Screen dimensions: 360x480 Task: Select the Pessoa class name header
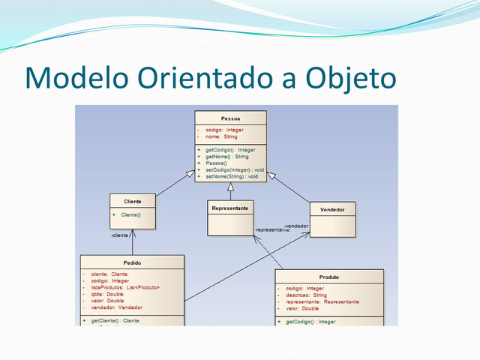230,118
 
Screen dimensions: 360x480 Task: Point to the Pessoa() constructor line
217,163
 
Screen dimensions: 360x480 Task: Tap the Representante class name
230,208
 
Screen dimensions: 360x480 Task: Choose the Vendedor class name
332,209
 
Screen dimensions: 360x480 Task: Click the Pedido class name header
132,262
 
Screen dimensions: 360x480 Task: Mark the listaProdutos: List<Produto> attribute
125,288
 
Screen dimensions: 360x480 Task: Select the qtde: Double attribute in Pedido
107,295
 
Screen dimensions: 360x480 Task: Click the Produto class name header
329,276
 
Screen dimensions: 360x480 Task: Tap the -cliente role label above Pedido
119,235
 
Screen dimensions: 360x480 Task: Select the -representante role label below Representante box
271,230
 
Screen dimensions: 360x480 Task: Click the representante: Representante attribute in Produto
322,301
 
